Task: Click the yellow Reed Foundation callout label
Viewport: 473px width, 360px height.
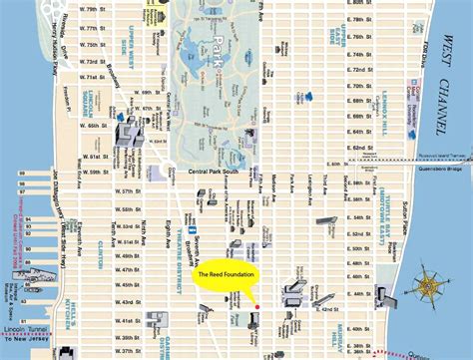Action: click(x=227, y=275)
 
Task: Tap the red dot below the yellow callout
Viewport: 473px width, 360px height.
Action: click(x=256, y=306)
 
